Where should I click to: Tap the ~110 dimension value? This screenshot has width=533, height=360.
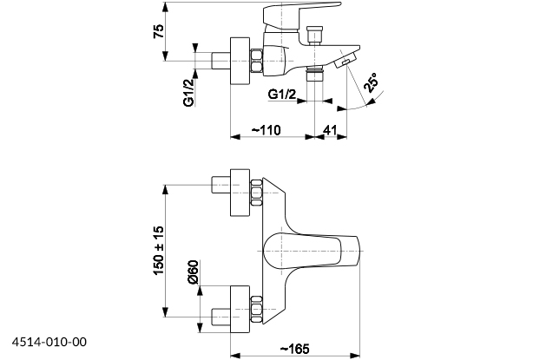pos(269,128)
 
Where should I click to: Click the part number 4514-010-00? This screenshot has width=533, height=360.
pos(49,342)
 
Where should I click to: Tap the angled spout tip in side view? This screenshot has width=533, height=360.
pos(345,62)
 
